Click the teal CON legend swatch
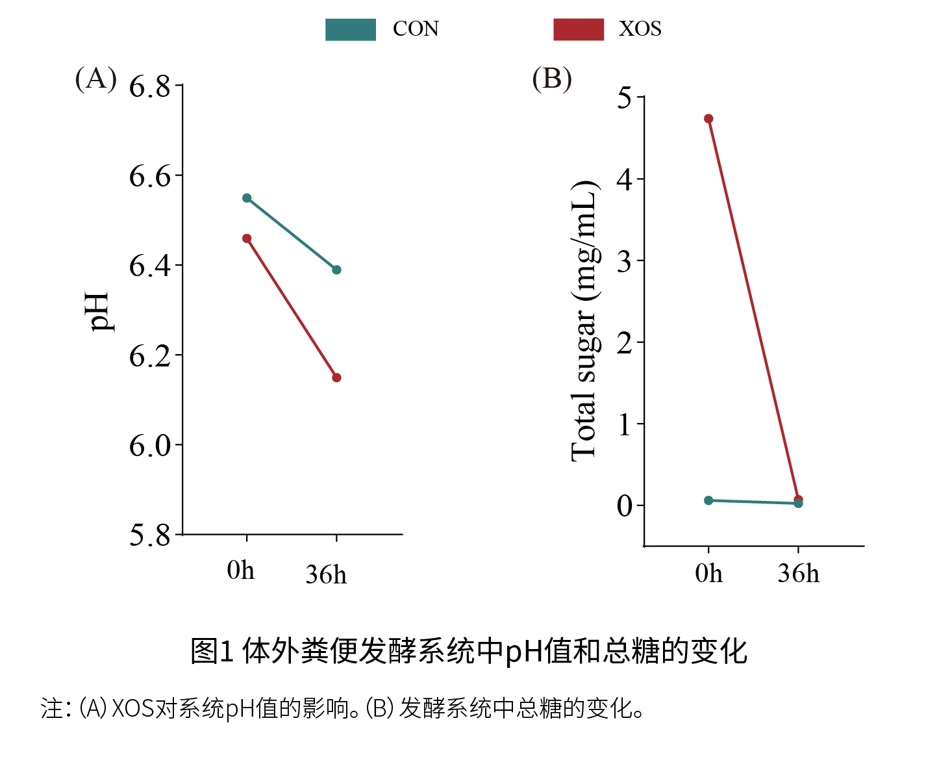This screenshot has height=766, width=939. pyautogui.click(x=351, y=30)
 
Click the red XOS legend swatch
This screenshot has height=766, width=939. pyautogui.click(x=579, y=30)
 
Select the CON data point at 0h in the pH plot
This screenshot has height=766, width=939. pyautogui.click(x=247, y=198)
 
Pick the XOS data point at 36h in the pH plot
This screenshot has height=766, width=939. pyautogui.click(x=336, y=377)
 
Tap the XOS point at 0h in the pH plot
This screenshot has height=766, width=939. pyautogui.click(x=247, y=238)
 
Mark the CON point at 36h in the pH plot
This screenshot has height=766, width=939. pyautogui.click(x=336, y=270)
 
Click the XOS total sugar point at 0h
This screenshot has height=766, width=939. pyautogui.click(x=708, y=119)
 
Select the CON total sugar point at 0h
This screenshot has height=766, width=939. pyautogui.click(x=708, y=500)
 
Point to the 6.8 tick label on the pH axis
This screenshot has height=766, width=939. pyautogui.click(x=149, y=86)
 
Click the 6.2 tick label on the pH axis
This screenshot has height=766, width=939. pyautogui.click(x=149, y=356)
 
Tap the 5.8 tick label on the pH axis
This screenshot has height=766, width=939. pyautogui.click(x=149, y=535)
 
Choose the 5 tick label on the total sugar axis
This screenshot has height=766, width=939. pyautogui.click(x=624, y=98)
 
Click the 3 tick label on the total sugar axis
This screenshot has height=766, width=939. pyautogui.click(x=624, y=261)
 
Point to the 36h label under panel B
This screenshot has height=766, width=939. pyautogui.click(x=798, y=574)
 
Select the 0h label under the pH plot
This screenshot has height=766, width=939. pyautogui.click(x=241, y=570)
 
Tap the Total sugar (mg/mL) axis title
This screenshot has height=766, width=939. pyautogui.click(x=584, y=322)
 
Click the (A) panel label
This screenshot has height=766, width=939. pyautogui.click(x=96, y=79)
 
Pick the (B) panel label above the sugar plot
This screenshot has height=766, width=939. pyautogui.click(x=552, y=79)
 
